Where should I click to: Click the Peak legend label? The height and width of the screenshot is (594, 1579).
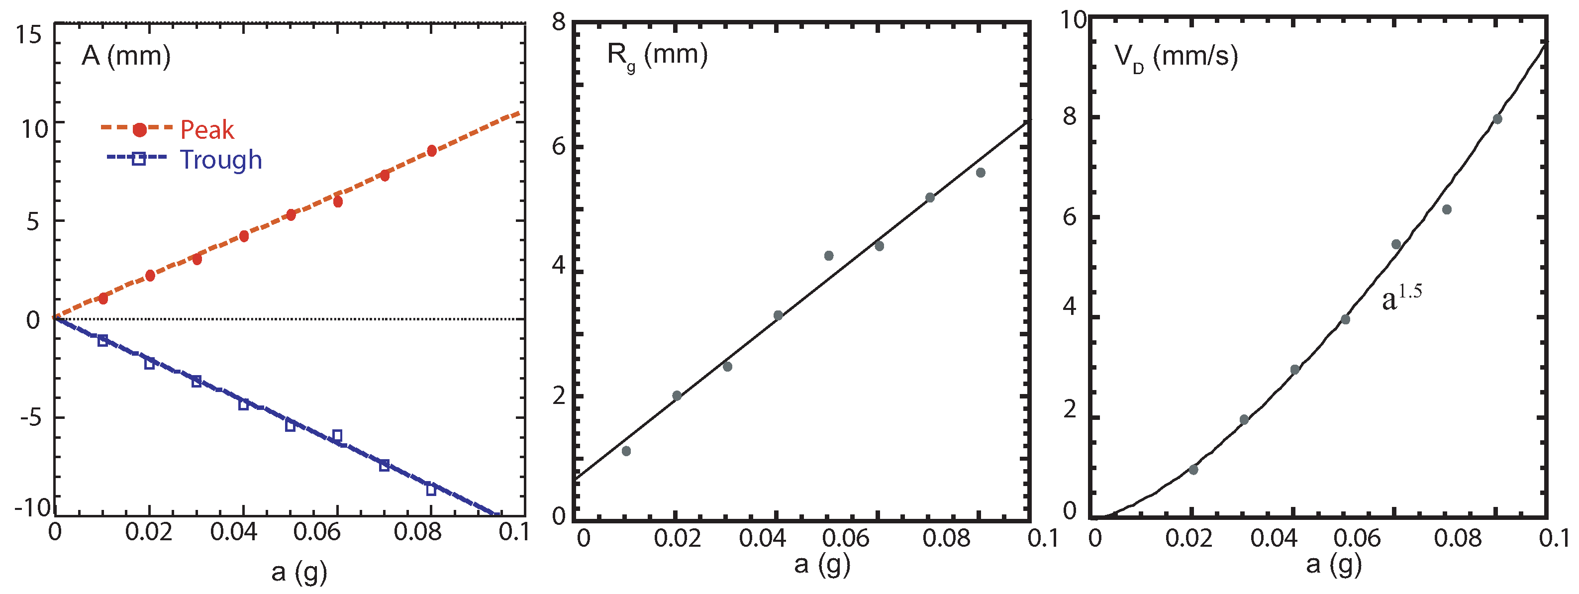tap(206, 130)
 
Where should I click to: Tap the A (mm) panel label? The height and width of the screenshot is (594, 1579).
tap(126, 56)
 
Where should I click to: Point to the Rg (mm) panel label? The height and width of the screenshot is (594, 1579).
tap(657, 55)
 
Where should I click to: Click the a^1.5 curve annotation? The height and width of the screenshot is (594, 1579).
tap(1401, 298)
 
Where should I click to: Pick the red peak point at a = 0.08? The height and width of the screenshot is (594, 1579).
tap(431, 151)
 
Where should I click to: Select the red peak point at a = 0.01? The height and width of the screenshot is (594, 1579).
tap(103, 298)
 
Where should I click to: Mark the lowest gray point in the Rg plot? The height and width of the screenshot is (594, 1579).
tap(626, 451)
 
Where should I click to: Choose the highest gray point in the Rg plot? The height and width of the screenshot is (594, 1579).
tap(981, 173)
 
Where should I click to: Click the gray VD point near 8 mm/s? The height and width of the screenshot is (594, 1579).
tap(1497, 119)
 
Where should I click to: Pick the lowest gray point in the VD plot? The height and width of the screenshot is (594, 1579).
tap(1193, 470)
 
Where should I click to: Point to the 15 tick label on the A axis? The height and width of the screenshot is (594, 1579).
tap(29, 35)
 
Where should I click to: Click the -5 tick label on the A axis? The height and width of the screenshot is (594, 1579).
tap(31, 418)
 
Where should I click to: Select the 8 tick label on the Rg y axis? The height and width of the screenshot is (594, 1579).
tap(558, 23)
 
